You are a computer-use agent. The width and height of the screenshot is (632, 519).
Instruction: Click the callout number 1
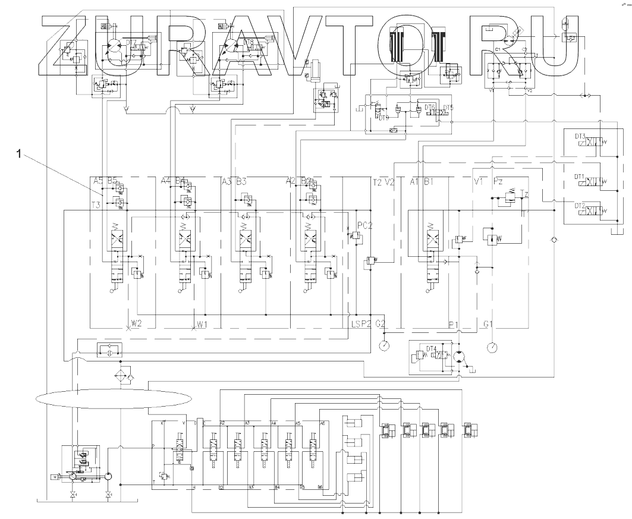pyautogui.click(x=20, y=154)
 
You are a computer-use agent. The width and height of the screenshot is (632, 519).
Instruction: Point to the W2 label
pyautogui.click(x=137, y=324)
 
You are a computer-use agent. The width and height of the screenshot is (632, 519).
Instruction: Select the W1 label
pyautogui.click(x=203, y=324)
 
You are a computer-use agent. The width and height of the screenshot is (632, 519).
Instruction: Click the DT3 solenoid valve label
pyautogui.click(x=580, y=136)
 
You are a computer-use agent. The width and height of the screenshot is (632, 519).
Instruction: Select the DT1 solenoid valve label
pyautogui.click(x=580, y=177)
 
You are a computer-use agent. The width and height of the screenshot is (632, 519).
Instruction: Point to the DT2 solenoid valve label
pyautogui.click(x=580, y=205)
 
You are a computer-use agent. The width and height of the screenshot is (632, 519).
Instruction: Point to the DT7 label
pyautogui.click(x=131, y=42)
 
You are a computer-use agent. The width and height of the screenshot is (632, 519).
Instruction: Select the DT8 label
pyautogui.click(x=249, y=42)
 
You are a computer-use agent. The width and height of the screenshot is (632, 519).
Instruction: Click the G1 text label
pyautogui.click(x=489, y=324)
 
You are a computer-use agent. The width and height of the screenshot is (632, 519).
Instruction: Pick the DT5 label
pyautogui.click(x=448, y=107)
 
